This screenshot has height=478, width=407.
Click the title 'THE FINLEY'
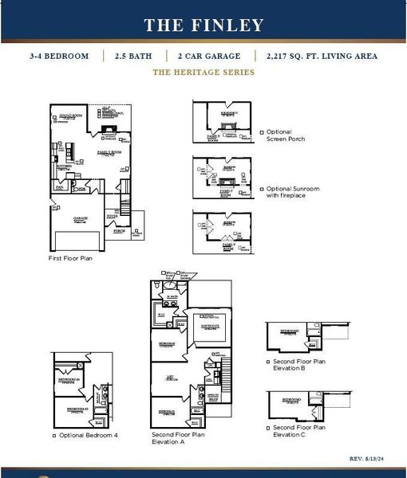point(203,25)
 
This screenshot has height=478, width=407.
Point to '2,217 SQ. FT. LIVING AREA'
point(317,56)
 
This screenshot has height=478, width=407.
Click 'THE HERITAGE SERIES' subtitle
point(203,72)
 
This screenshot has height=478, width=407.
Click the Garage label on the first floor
point(81,218)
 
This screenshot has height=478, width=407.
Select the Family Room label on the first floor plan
point(109,151)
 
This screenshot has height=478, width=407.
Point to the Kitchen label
point(63,168)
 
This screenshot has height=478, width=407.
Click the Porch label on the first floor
point(120,231)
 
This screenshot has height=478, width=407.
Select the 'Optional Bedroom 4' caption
point(89,435)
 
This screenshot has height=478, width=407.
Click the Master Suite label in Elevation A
point(210,325)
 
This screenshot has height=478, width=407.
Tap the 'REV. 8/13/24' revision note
point(368,459)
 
